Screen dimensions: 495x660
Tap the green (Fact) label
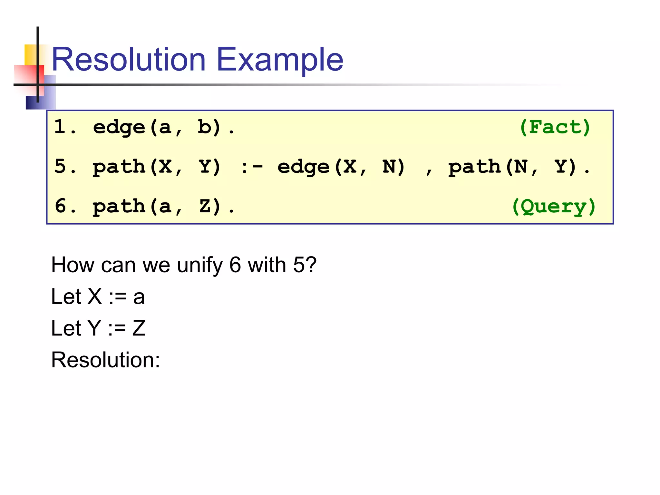[x=555, y=127]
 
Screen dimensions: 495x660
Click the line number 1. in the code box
[x=64, y=126]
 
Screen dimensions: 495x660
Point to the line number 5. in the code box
[x=64, y=166]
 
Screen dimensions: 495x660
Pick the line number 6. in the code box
[x=64, y=206]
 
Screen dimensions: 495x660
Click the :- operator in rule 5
[x=252, y=167]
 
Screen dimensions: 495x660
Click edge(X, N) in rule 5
[x=341, y=167]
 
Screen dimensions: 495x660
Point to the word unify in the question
[x=200, y=265]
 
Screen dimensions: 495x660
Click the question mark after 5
[x=311, y=265]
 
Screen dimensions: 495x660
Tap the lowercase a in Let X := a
[x=139, y=297]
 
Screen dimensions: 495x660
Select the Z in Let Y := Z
[x=139, y=328]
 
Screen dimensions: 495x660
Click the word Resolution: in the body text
[x=105, y=360]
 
